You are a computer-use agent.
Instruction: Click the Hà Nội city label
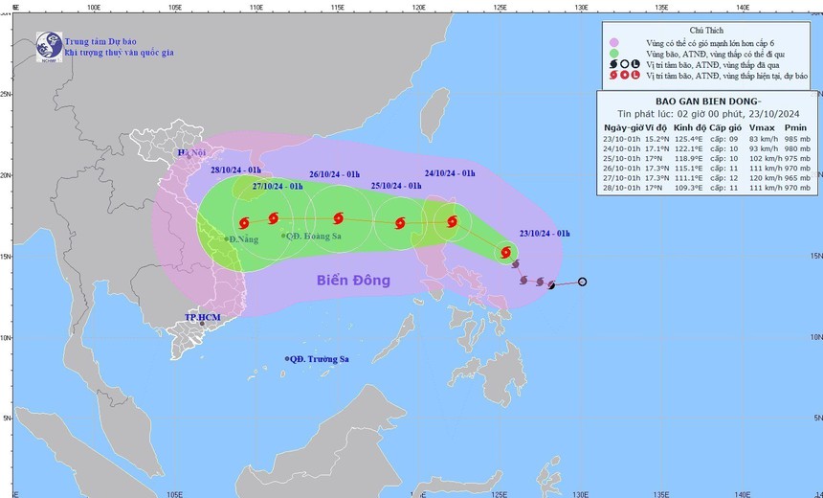pos(192,152)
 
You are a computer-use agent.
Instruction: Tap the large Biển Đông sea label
pos(354,281)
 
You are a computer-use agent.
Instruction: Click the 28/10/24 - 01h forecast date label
pos(236,172)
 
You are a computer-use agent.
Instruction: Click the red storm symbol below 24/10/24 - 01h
pos(452,222)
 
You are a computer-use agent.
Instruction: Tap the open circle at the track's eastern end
pos(582,282)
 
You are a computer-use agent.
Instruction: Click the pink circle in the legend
pos(612,42)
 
